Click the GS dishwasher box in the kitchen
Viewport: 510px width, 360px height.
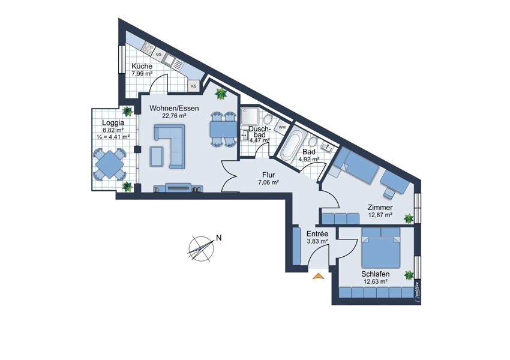pyautogui.click(x=159, y=55)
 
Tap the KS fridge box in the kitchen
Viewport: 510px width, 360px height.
pyautogui.click(x=194, y=86)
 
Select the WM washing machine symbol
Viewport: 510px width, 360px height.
pyautogui.click(x=281, y=127)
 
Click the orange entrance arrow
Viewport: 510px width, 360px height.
pyautogui.click(x=319, y=276)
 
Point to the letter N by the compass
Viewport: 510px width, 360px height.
pyautogui.click(x=219, y=238)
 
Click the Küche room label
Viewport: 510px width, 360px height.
pyautogui.click(x=142, y=67)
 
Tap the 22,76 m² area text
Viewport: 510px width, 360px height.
pyautogui.click(x=174, y=115)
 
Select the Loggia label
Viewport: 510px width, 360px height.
pyautogui.click(x=113, y=123)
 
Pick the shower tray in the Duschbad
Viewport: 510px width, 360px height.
pyautogui.click(x=250, y=117)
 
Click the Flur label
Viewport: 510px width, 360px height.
pyautogui.click(x=269, y=175)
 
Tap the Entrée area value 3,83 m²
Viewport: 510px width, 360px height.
pyautogui.click(x=317, y=241)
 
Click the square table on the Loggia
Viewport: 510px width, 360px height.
pyautogui.click(x=110, y=164)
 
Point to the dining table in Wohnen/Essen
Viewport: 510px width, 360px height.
pyautogui.click(x=223, y=130)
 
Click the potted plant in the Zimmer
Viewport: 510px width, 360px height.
pyautogui.click(x=408, y=218)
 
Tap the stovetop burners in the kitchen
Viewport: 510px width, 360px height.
pyautogui.click(x=148, y=49)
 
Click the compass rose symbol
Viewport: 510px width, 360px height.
pyautogui.click(x=202, y=249)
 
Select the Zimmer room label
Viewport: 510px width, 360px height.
pyautogui.click(x=380, y=208)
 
